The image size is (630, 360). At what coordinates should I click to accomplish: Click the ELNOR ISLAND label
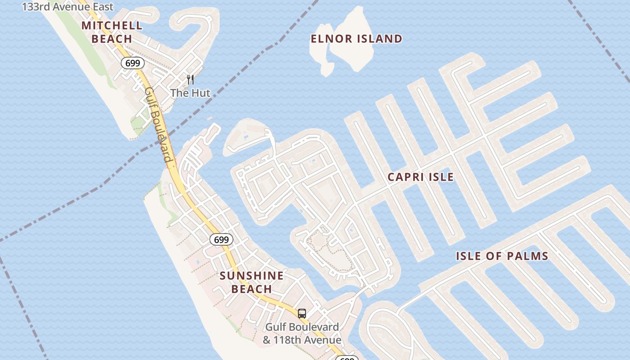[356, 39]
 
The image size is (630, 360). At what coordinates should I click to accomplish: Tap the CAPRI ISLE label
[420, 177]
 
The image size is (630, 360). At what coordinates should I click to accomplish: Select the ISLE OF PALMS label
[502, 256]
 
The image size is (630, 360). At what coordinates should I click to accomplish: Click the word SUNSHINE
[252, 276]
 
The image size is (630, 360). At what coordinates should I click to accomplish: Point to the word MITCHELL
[112, 26]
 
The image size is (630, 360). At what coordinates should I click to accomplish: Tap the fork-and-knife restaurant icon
[190, 80]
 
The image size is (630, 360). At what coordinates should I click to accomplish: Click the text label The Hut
[190, 93]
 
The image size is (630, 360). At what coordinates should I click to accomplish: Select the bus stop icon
[302, 313]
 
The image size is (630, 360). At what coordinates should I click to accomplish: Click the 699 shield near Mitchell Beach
[132, 63]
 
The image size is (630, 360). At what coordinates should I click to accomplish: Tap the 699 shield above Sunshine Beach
[221, 240]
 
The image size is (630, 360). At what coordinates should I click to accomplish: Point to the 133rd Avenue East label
[67, 7]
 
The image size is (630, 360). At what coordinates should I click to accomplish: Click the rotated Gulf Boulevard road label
[158, 125]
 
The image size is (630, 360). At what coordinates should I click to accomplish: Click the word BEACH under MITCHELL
[112, 39]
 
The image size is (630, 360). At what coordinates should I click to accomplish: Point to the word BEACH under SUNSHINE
[252, 289]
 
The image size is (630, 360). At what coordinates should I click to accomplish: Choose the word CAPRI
[404, 177]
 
